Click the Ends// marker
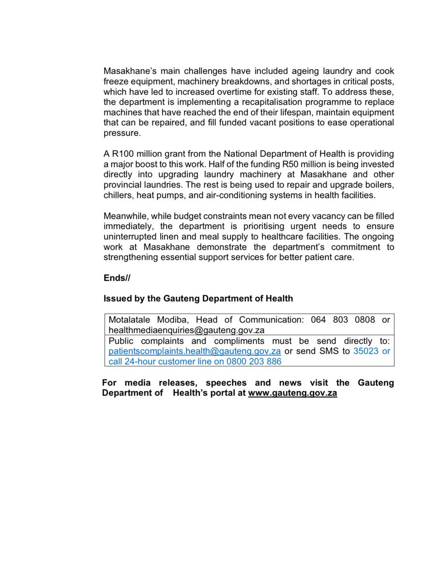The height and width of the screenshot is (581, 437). point(117,278)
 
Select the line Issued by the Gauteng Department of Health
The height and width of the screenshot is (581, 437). point(198,299)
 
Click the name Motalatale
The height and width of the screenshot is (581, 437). point(131,320)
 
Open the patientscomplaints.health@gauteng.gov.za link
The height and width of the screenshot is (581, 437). point(195,352)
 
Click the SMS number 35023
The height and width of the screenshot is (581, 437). point(364,352)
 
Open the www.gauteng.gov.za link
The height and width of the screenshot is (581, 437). point(292,393)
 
